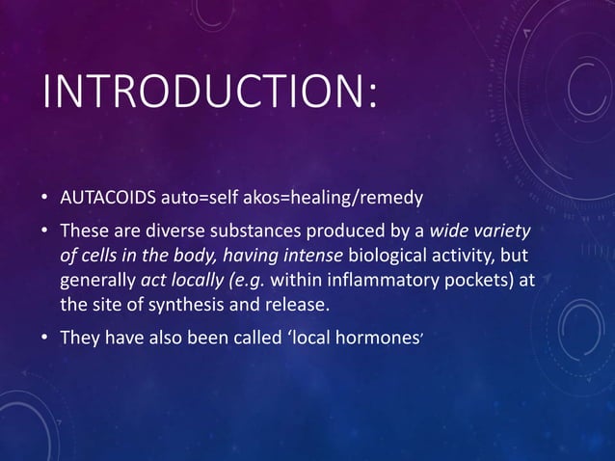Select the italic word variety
click(502, 232)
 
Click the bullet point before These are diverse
click(45, 233)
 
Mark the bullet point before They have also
click(45, 339)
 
